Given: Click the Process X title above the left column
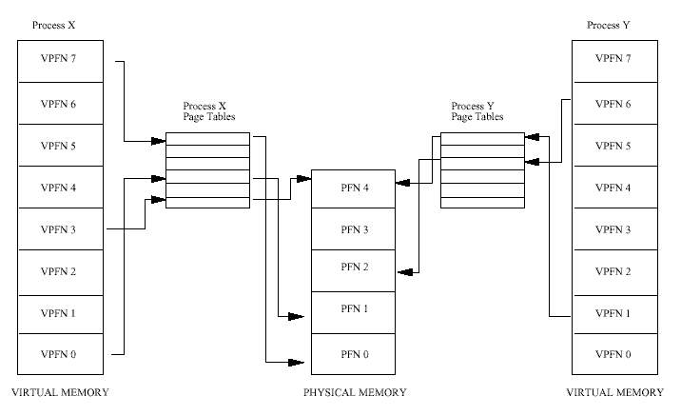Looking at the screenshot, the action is pos(53,25).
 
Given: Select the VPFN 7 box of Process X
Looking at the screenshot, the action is pos(60,61).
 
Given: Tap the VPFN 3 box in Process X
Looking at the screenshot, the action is pos(60,229).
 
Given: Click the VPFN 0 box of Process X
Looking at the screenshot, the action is pos(60,354).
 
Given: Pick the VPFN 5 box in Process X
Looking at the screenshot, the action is pos(60,146).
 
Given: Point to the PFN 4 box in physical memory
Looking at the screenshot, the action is pos(353,189).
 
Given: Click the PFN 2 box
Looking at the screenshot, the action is pos(353,270).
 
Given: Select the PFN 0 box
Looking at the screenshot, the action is pos(353,354).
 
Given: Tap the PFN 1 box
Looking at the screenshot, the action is pos(353,312).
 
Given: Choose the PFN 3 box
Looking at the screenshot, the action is pos(353,229).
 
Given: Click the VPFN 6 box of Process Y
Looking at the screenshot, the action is pos(614,104).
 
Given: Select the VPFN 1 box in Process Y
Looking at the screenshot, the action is pos(614,315).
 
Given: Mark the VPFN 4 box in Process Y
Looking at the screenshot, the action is pos(614,188).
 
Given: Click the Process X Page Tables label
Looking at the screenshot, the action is pos(209,111).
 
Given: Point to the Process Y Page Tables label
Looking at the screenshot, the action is pos(477,111).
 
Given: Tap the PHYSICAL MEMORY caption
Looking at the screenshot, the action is pos(355,392).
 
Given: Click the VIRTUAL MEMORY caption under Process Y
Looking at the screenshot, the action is pos(614,392).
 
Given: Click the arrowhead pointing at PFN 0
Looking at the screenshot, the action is pos(296,362).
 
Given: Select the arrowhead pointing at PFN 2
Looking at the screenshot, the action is pos(405,272).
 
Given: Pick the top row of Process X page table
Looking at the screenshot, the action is pos(207,139).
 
